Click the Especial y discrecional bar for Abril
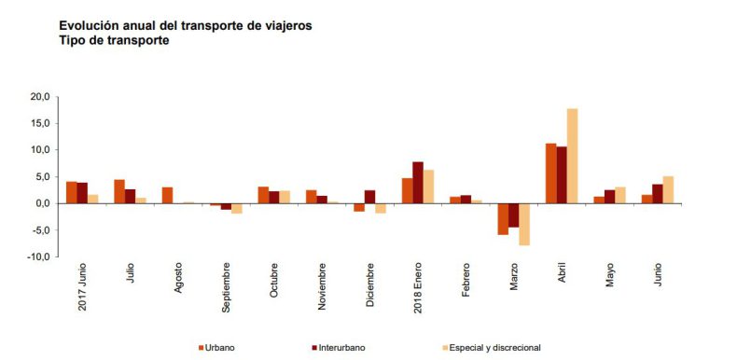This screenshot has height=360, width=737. (x=572, y=156)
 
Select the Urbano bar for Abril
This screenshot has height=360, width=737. (x=550, y=173)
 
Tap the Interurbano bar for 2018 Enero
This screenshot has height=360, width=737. (x=418, y=183)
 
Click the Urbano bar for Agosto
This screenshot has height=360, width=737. (x=167, y=195)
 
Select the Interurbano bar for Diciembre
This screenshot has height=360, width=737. (x=369, y=197)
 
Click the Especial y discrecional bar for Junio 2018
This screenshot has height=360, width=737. (x=668, y=189)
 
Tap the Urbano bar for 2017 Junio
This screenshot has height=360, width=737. (x=71, y=192)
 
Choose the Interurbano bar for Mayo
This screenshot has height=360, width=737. (x=609, y=197)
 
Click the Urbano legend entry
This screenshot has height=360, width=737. (x=216, y=348)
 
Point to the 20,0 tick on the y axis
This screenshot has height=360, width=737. (x=38, y=96)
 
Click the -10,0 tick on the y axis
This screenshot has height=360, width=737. (x=36, y=256)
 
